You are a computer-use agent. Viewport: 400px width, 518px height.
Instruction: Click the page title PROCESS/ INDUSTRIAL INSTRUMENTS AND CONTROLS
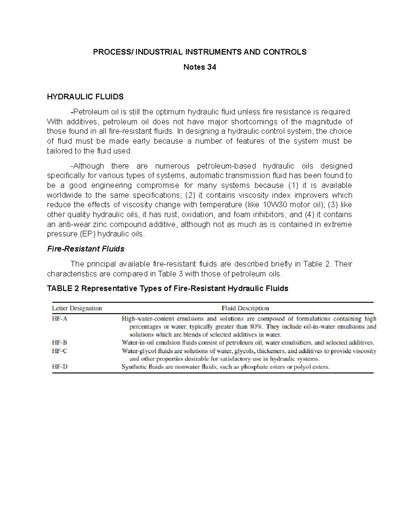pos(200,52)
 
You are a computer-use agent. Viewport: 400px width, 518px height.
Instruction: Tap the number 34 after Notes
pos(212,67)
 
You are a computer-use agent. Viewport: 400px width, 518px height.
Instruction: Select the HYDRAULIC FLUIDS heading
pos(85,97)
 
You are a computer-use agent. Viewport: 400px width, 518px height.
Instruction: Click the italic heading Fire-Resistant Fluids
pos(86,249)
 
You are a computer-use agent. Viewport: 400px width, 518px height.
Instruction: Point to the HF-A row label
pos(60,319)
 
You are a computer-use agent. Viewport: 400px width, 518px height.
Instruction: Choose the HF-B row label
pos(60,343)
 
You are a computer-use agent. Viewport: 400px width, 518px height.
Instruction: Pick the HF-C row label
pos(60,351)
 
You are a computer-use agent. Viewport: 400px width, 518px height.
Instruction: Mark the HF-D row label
pos(60,367)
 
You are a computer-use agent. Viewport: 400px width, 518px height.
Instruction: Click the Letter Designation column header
pos(77,308)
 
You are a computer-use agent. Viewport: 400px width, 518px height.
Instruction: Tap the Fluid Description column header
pos(245,308)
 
